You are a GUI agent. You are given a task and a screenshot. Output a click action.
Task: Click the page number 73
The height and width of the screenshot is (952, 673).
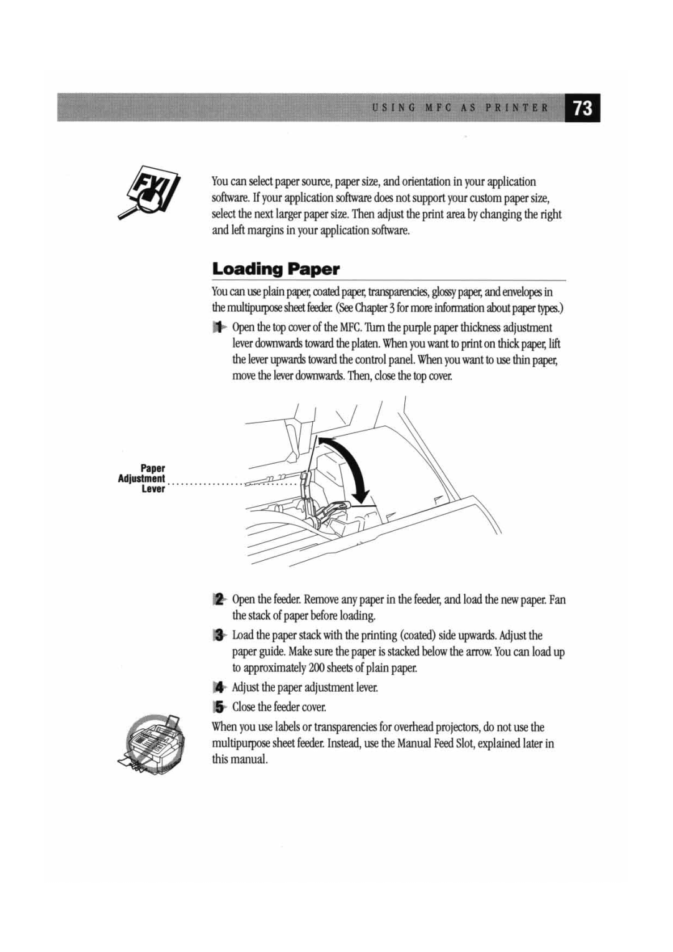[583, 108]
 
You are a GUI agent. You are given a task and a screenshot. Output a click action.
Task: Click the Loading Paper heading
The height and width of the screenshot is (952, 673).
[275, 269]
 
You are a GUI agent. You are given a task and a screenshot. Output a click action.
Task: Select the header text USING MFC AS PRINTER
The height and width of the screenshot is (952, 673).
[461, 108]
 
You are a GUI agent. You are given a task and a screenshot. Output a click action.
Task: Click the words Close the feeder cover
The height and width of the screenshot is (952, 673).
[279, 707]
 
